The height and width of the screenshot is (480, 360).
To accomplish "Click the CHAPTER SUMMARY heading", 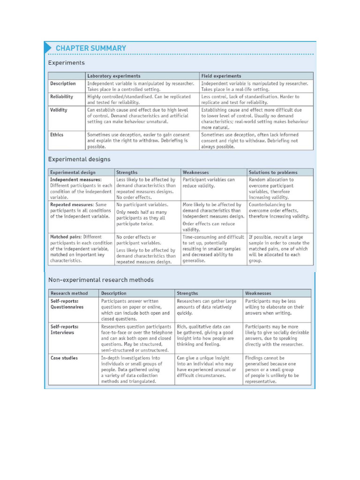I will (90, 48).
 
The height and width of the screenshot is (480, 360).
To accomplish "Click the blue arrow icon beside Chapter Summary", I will (48, 47).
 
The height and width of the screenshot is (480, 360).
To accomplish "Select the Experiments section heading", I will (67, 62).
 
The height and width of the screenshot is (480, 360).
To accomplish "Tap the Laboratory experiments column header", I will (113, 76).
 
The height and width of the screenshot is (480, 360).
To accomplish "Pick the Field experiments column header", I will (221, 76).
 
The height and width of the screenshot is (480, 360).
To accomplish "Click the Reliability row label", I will (61, 97).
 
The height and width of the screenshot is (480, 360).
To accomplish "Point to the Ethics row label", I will (57, 135).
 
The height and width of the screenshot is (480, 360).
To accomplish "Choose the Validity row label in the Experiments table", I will (59, 110).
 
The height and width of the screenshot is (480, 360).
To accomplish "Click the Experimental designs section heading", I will (79, 159).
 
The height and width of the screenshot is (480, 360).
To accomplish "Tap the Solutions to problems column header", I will (273, 172).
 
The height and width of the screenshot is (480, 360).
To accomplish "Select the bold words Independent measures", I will (75, 180).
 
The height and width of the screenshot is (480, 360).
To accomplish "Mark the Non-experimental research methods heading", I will (101, 280).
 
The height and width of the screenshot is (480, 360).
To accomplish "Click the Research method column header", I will (69, 293).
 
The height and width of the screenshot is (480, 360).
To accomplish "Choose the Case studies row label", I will (64, 358).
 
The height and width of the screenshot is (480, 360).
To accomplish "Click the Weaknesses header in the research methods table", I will (258, 293).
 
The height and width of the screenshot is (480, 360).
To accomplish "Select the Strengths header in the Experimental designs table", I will (127, 172).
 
